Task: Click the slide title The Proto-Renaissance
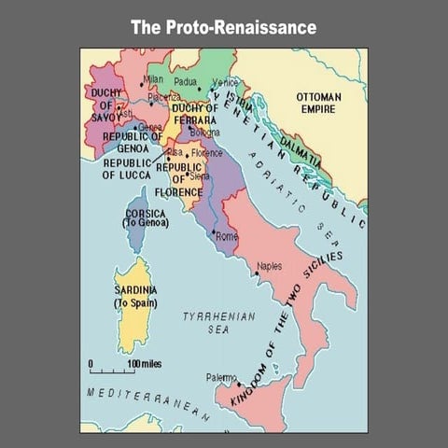click(223, 27)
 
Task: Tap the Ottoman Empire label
click(318, 103)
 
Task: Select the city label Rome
click(227, 237)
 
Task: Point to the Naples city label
click(269, 266)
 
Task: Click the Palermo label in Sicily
click(221, 378)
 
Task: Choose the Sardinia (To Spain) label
click(135, 297)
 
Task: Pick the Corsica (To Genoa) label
click(146, 218)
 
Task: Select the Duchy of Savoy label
click(105, 104)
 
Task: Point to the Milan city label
click(152, 79)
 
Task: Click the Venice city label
click(226, 83)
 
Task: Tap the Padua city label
click(190, 83)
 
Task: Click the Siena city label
click(200, 175)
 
